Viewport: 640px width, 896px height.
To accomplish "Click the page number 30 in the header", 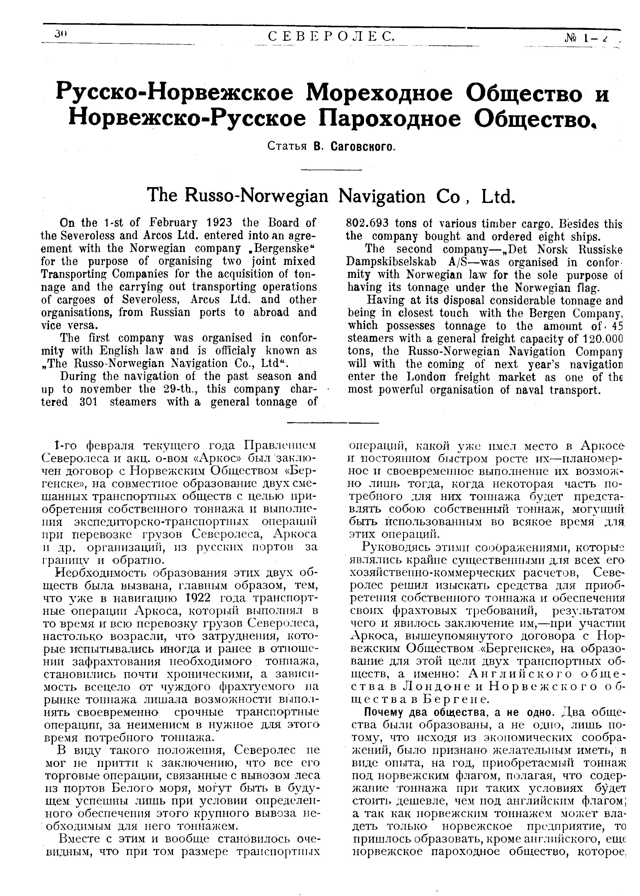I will tap(61, 35).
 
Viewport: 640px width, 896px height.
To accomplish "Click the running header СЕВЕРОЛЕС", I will tap(331, 37).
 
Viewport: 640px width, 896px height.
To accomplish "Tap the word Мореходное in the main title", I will tap(380, 94).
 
